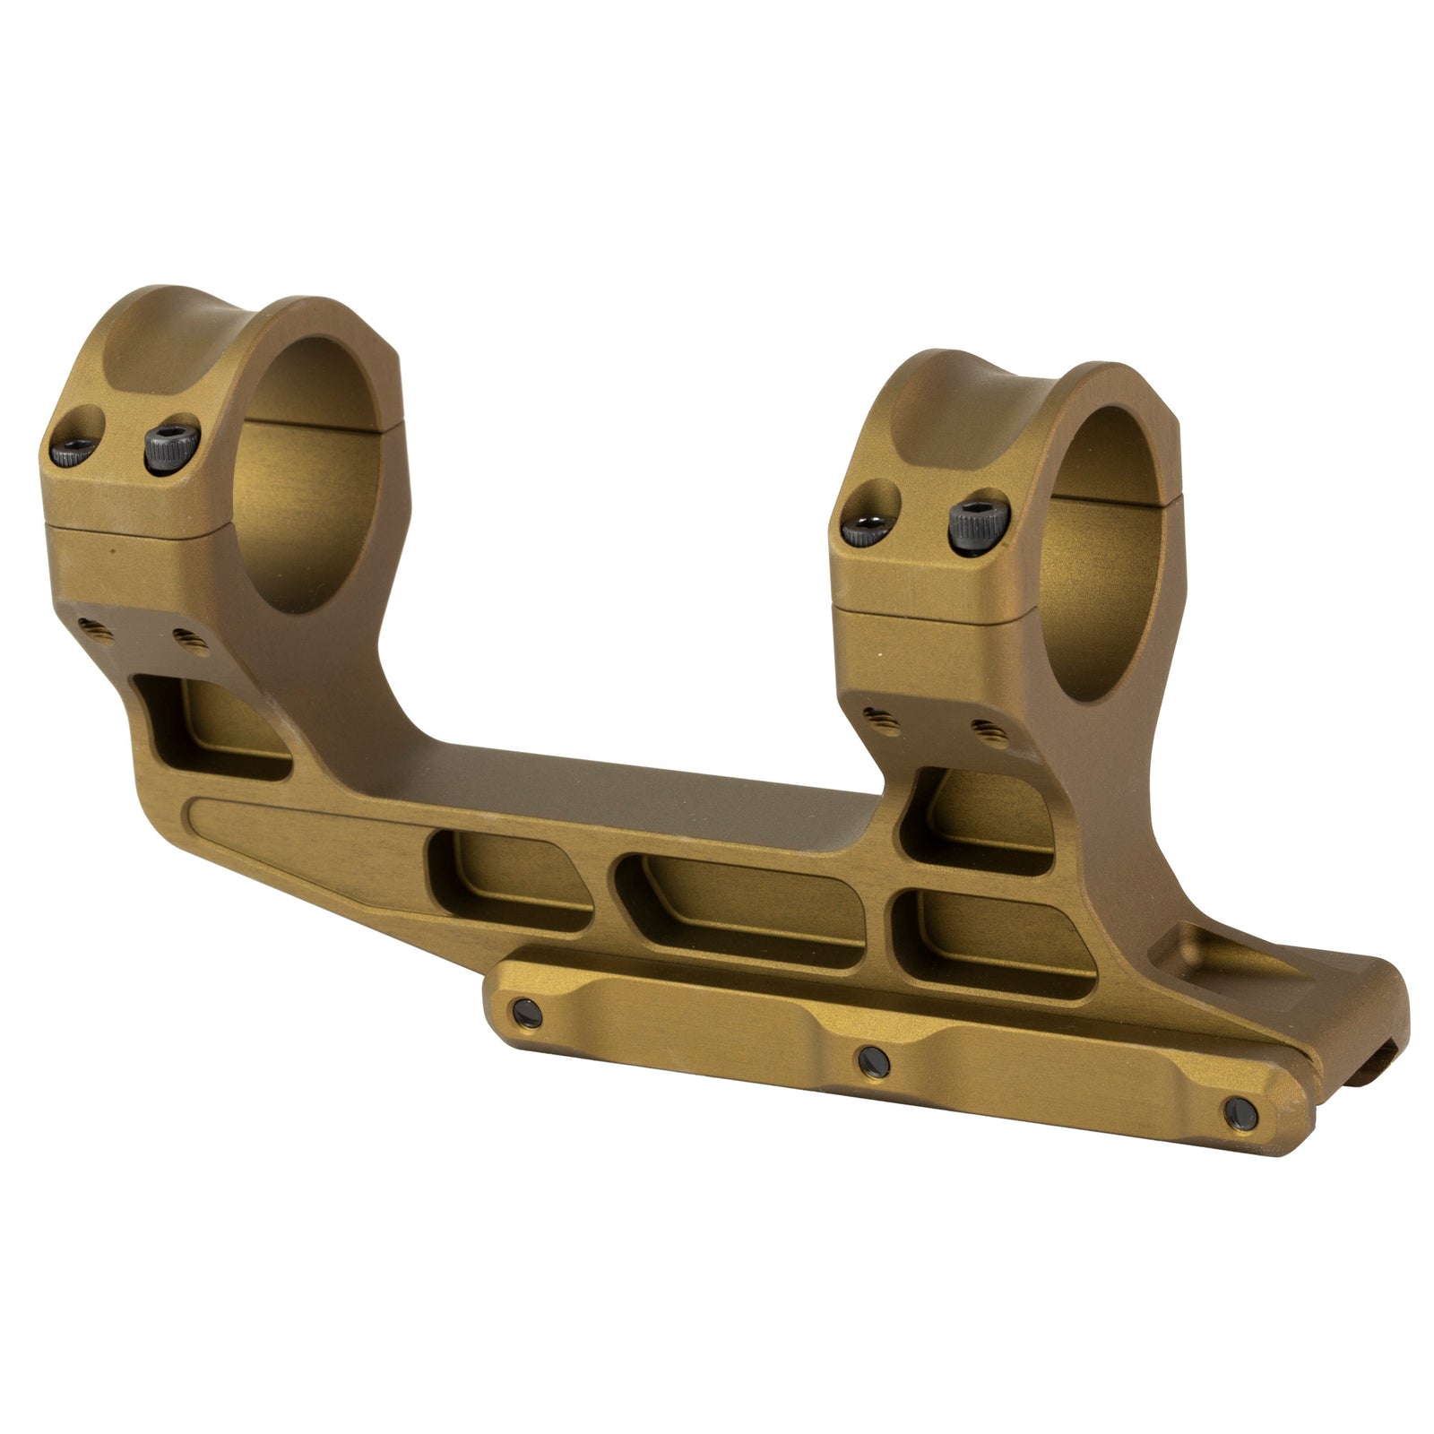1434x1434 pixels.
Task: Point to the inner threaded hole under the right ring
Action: point(984,727)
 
